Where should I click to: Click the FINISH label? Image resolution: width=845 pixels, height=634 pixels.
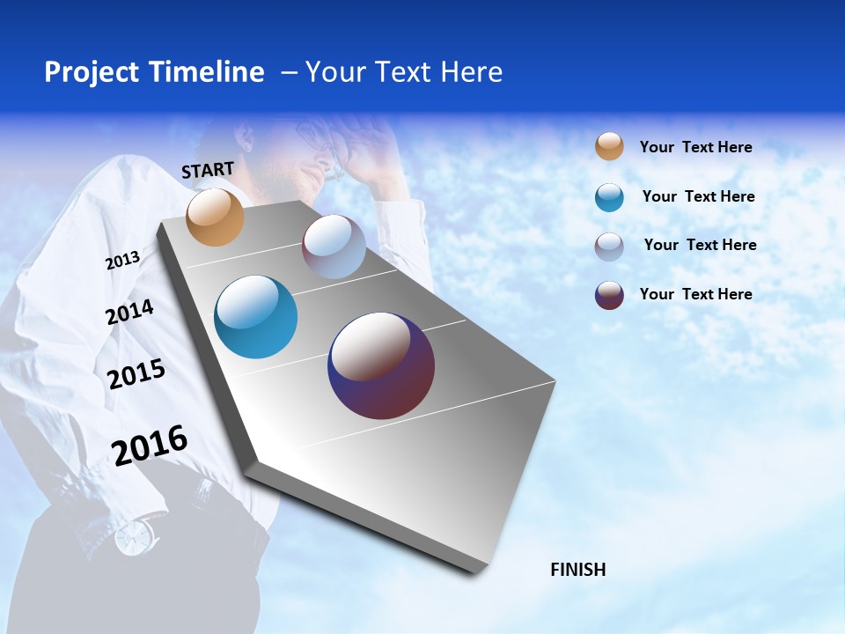click(578, 570)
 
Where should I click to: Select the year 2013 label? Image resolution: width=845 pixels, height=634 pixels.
click(122, 261)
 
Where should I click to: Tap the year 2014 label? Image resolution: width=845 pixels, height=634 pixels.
click(129, 312)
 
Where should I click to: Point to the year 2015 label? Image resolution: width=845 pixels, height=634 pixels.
click(136, 374)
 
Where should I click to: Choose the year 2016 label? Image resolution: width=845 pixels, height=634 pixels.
click(150, 446)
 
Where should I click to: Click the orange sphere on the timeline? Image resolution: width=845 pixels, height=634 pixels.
click(215, 217)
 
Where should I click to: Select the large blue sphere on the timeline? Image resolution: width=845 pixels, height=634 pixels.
click(256, 317)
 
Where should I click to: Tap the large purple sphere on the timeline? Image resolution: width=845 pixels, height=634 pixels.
click(381, 365)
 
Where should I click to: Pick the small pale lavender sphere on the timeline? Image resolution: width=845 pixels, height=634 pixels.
click(334, 247)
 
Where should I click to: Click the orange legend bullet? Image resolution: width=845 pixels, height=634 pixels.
click(609, 146)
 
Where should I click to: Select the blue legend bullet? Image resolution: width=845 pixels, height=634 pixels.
click(609, 197)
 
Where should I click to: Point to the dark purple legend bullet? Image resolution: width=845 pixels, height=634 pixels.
click(609, 295)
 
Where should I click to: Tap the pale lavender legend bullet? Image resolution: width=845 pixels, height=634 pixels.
click(609, 247)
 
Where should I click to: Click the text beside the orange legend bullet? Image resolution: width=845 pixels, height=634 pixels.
click(695, 147)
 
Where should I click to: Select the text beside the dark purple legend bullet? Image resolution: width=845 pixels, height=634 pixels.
click(695, 294)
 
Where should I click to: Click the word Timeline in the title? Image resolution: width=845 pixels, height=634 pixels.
click(207, 72)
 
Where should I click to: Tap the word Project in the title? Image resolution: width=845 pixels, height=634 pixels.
click(92, 72)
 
